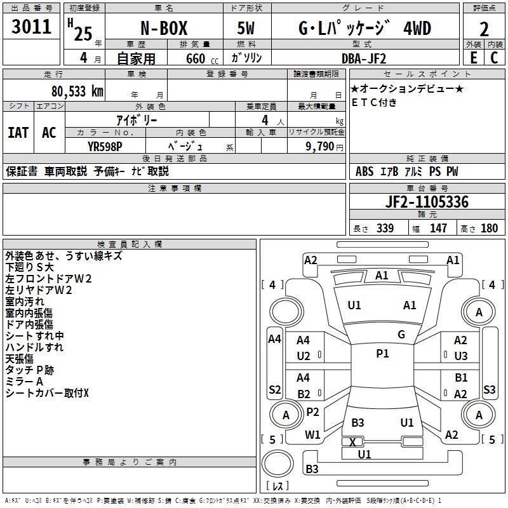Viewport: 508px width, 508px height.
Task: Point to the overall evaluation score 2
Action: coord(484,29)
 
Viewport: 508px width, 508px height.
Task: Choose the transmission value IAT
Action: coord(18,133)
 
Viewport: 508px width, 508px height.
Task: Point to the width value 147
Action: coord(438,228)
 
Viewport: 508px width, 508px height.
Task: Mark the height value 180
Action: coord(489,228)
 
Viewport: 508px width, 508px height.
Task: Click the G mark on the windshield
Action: coord(401,335)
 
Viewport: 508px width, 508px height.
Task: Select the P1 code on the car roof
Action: coord(382,354)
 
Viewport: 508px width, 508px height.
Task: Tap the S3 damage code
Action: coord(489,389)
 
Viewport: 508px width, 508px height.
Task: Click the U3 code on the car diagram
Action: coord(460,356)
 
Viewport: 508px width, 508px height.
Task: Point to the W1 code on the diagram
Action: coord(312,435)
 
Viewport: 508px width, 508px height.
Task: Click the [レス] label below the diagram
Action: coord(277,486)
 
